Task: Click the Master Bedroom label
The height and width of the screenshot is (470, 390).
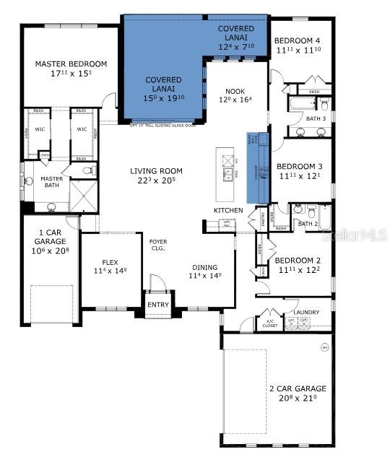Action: (71, 64)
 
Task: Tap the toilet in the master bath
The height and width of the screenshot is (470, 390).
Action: (88, 171)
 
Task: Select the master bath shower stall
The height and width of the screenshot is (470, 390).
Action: (82, 193)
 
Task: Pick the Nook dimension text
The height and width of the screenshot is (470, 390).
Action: (235, 100)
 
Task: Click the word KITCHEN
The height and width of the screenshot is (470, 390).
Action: (227, 210)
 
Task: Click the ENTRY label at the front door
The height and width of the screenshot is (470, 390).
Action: (157, 305)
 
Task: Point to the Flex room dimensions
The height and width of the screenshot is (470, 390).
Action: (110, 270)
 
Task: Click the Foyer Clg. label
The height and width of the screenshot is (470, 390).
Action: (158, 246)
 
